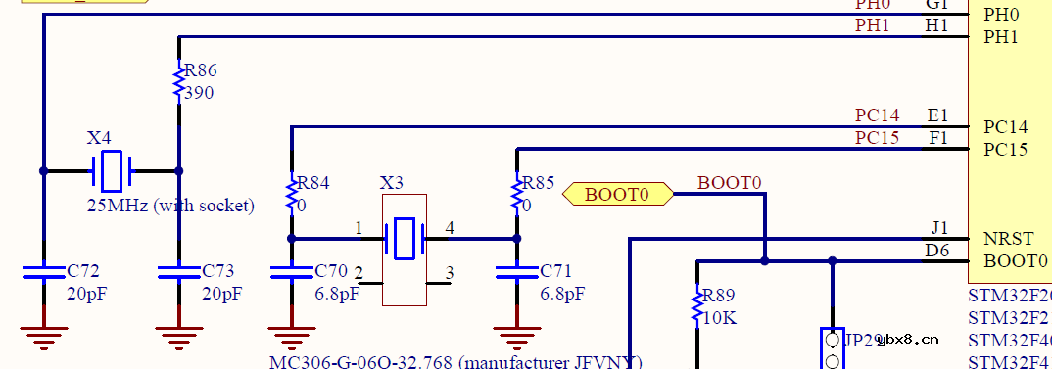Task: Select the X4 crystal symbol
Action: [111, 171]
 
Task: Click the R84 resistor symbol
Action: [291, 192]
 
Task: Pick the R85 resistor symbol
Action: [517, 192]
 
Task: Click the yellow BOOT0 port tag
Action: [618, 194]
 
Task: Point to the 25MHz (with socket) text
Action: [170, 206]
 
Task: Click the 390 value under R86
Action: [199, 94]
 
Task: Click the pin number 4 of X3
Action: [450, 229]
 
